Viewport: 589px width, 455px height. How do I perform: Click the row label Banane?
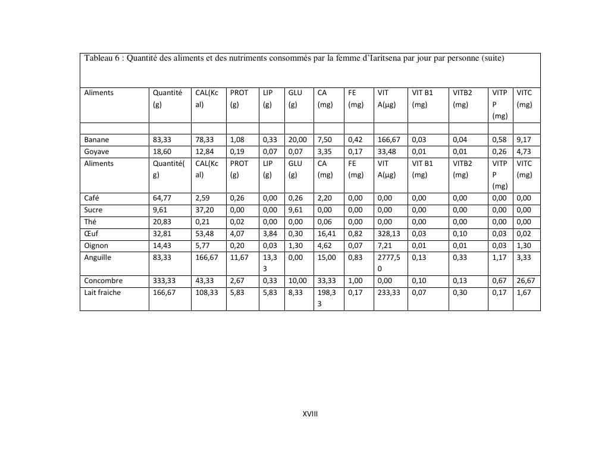click(x=96, y=140)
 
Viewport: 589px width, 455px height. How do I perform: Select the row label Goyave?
click(x=96, y=152)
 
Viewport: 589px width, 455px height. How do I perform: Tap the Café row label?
click(x=92, y=199)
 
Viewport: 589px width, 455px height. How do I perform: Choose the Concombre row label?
click(x=104, y=281)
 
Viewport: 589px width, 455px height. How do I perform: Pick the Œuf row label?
click(x=91, y=234)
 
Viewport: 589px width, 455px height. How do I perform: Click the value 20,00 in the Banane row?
click(x=297, y=140)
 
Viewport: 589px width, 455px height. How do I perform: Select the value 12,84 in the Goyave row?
click(x=204, y=152)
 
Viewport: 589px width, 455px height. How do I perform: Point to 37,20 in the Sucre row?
click(x=204, y=210)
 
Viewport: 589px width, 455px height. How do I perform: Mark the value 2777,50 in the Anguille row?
click(x=389, y=263)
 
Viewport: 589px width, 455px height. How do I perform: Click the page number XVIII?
click(x=311, y=414)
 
